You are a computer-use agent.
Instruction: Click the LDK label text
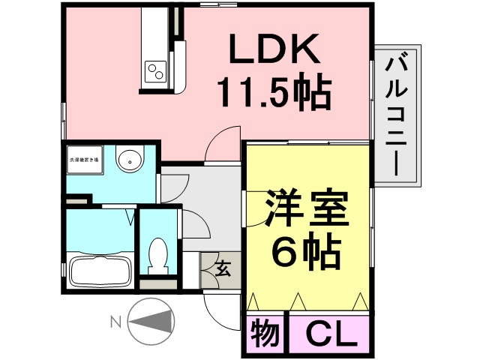point(274,51)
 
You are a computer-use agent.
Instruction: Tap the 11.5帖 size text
point(274,93)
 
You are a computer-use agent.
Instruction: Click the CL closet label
point(328,332)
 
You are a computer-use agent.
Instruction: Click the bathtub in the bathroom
point(100,268)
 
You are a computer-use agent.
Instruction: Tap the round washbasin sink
point(130,160)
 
